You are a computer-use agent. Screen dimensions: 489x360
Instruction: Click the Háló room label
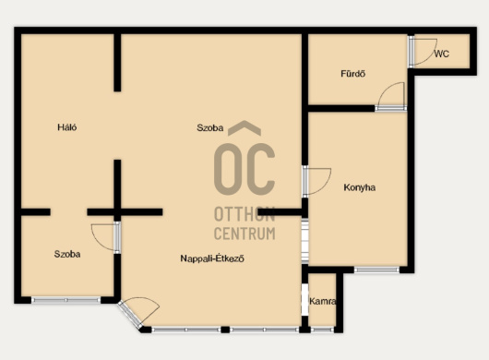click(x=67, y=127)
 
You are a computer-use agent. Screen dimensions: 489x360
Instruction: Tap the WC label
click(x=442, y=54)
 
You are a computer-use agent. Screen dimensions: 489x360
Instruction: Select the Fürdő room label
click(x=353, y=74)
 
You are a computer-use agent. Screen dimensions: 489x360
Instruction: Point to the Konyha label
click(x=359, y=187)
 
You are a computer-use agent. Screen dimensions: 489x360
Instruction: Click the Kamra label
click(x=323, y=301)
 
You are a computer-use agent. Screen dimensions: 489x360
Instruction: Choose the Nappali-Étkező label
click(x=212, y=258)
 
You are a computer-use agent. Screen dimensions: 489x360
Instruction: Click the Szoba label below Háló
click(x=67, y=254)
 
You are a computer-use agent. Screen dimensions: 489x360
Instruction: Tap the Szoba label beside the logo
click(x=209, y=127)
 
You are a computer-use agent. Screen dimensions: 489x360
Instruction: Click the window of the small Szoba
click(x=66, y=300)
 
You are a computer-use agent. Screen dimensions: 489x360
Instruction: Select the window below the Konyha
click(x=376, y=270)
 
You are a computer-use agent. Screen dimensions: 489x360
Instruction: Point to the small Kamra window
click(x=323, y=330)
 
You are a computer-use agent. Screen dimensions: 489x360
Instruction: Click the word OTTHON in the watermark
click(x=244, y=215)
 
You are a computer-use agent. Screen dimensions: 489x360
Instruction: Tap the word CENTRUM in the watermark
click(x=244, y=234)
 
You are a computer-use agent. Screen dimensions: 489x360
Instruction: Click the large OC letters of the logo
click(x=244, y=169)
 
